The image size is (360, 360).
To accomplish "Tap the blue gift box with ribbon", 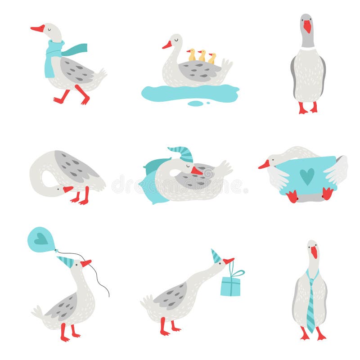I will [x=230, y=286].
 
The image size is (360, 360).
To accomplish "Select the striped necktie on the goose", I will [x=310, y=301].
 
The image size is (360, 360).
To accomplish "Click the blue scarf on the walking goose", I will [x=54, y=56].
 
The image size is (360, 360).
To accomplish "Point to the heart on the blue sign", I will [x=307, y=176].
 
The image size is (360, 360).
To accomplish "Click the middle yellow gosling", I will [x=202, y=56].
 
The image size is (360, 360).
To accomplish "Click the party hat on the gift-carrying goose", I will [x=216, y=256].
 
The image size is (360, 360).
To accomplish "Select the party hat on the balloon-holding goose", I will [x=66, y=261].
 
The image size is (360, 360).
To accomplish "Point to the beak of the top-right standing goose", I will [x=307, y=27].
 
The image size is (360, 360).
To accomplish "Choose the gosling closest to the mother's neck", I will [x=192, y=55].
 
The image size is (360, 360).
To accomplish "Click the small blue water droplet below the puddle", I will [x=195, y=104].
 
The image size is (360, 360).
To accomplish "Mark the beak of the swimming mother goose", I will [x=167, y=45].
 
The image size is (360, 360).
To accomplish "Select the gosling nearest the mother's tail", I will [x=212, y=58].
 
